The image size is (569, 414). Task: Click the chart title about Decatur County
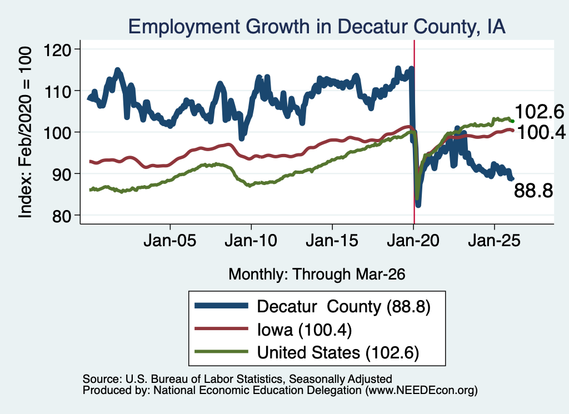pos(317,27)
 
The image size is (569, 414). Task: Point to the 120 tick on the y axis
pos(57,49)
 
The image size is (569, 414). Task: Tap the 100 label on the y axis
pos(57,132)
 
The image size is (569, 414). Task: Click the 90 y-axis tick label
pos(62,174)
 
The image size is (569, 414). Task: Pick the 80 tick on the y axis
pos(62,216)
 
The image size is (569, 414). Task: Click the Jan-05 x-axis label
pos(170,241)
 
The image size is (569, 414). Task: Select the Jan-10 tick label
pos(251,241)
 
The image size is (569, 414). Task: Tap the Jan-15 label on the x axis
pos(332,241)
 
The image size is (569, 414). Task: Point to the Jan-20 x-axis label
pos(413,241)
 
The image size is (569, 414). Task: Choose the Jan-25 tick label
pos(494,241)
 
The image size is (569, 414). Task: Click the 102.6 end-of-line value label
pos(540,111)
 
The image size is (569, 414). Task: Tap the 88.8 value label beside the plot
pos(533,191)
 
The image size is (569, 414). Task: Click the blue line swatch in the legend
pos(221,306)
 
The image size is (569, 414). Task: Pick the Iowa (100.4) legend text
pos(305,330)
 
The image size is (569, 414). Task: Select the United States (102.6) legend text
pos(338,352)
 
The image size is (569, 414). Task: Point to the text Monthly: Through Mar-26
pos(317,274)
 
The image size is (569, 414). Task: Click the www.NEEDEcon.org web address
pos(421,391)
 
